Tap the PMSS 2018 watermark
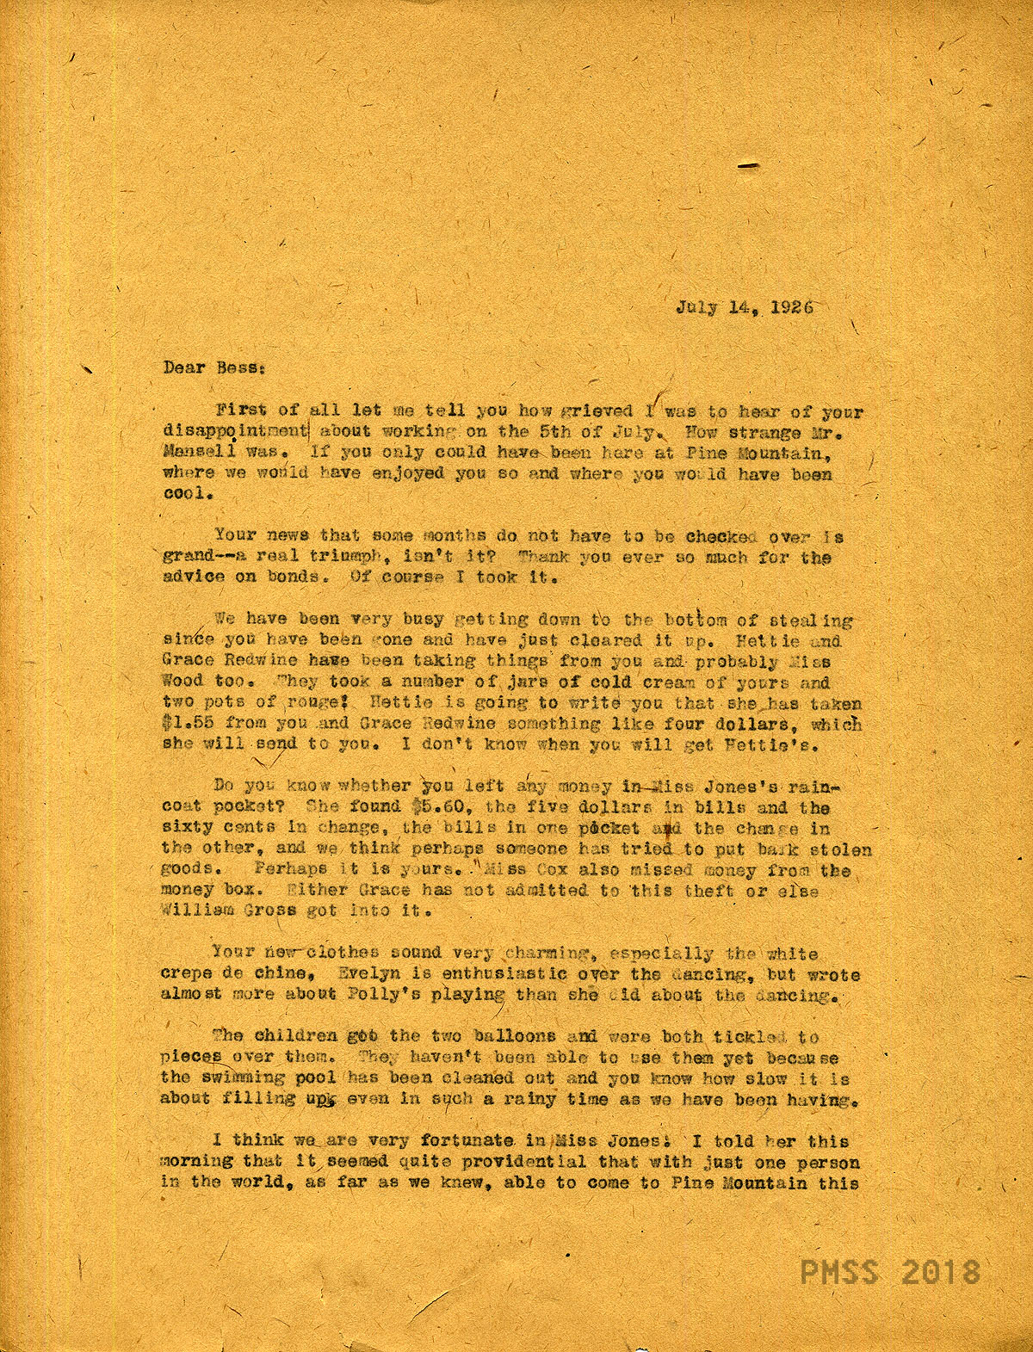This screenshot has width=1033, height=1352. click(x=890, y=1271)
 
